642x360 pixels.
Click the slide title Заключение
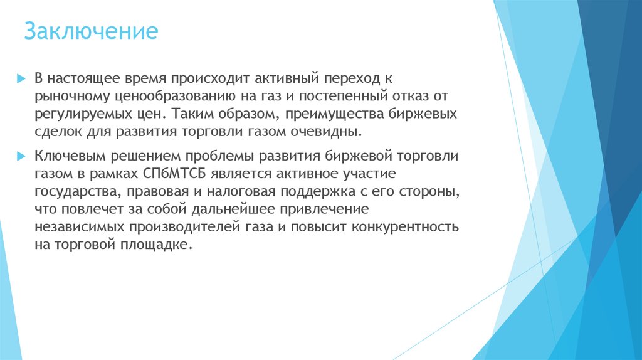91,31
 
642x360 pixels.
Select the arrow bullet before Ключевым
21,155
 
